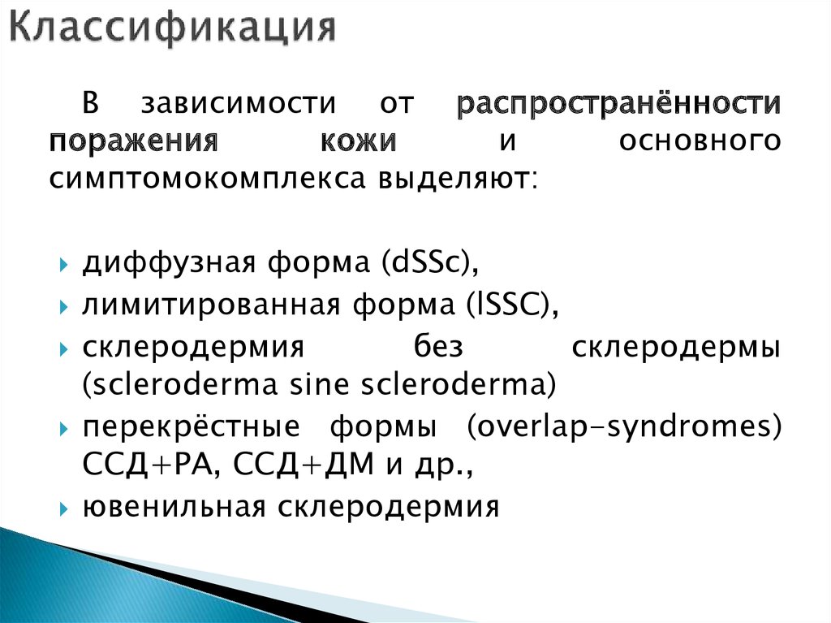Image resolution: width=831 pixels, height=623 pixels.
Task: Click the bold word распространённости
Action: pos(619,105)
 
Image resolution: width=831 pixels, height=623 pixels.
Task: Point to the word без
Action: pos(435,347)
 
